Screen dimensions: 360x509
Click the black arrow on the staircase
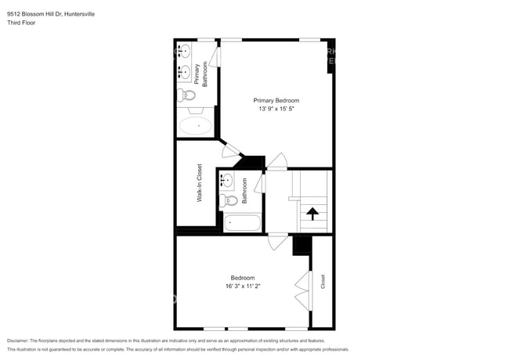click(x=312, y=213)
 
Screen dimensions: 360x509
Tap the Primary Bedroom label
click(x=276, y=100)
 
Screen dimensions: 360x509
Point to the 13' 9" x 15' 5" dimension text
click(x=276, y=109)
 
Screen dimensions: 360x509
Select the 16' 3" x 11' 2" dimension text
click(x=242, y=286)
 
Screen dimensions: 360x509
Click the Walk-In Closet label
click(x=200, y=184)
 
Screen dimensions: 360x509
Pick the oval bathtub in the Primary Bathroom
click(x=197, y=124)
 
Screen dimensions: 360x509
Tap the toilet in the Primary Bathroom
click(x=187, y=95)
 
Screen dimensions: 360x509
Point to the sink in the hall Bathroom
click(x=227, y=181)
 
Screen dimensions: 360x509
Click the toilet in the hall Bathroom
click(x=229, y=200)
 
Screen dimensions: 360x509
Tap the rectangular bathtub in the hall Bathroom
click(x=242, y=224)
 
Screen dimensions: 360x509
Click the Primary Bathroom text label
click(x=200, y=74)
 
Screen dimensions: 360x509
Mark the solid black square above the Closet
click(x=302, y=245)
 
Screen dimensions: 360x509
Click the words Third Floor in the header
click(x=21, y=23)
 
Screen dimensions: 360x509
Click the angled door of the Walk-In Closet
click(x=230, y=150)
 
